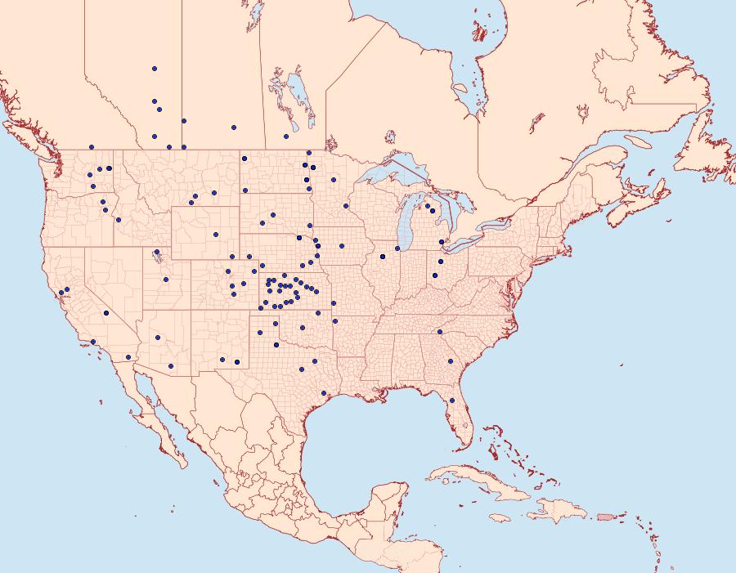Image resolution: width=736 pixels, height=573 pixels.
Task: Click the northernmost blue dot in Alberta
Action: pyautogui.click(x=155, y=69)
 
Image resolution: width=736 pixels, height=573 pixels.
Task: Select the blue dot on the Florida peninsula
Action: pyautogui.click(x=452, y=401)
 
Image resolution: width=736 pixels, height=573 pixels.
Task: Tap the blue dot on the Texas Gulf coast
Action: pyautogui.click(x=324, y=392)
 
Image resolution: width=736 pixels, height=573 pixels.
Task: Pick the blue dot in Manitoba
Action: pyautogui.click(x=285, y=137)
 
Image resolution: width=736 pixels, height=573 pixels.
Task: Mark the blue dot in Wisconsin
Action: pyautogui.click(x=346, y=206)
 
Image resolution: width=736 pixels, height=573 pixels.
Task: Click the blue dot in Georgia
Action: pyautogui.click(x=450, y=361)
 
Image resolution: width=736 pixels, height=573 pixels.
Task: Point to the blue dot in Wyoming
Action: pyautogui.click(x=216, y=235)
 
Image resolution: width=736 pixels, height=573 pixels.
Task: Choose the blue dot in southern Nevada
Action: pyautogui.click(x=106, y=313)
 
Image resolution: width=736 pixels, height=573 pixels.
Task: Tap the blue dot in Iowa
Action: pyautogui.click(x=342, y=245)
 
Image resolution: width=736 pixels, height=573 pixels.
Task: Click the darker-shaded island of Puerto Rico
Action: pyautogui.click(x=606, y=516)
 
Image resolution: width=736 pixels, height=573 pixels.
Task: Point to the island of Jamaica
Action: pyautogui.click(x=500, y=518)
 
